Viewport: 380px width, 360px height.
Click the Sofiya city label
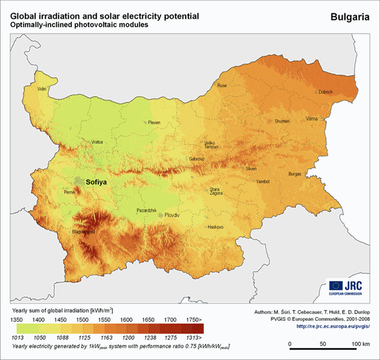[x=99, y=180]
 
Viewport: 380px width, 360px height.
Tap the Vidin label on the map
[x=42, y=89]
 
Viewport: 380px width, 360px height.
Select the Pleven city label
[x=154, y=122]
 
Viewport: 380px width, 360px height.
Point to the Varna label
[x=311, y=120]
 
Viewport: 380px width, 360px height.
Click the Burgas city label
[x=294, y=174]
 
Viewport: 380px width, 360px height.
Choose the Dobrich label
[x=325, y=92]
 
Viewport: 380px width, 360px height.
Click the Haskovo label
[x=215, y=227]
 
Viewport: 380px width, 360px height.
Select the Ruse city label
[x=222, y=86]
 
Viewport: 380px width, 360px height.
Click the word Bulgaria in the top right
[x=350, y=17]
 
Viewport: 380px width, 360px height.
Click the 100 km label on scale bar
[x=361, y=344]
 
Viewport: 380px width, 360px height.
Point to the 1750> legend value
[x=195, y=318]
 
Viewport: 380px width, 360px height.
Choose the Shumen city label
[x=282, y=121]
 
